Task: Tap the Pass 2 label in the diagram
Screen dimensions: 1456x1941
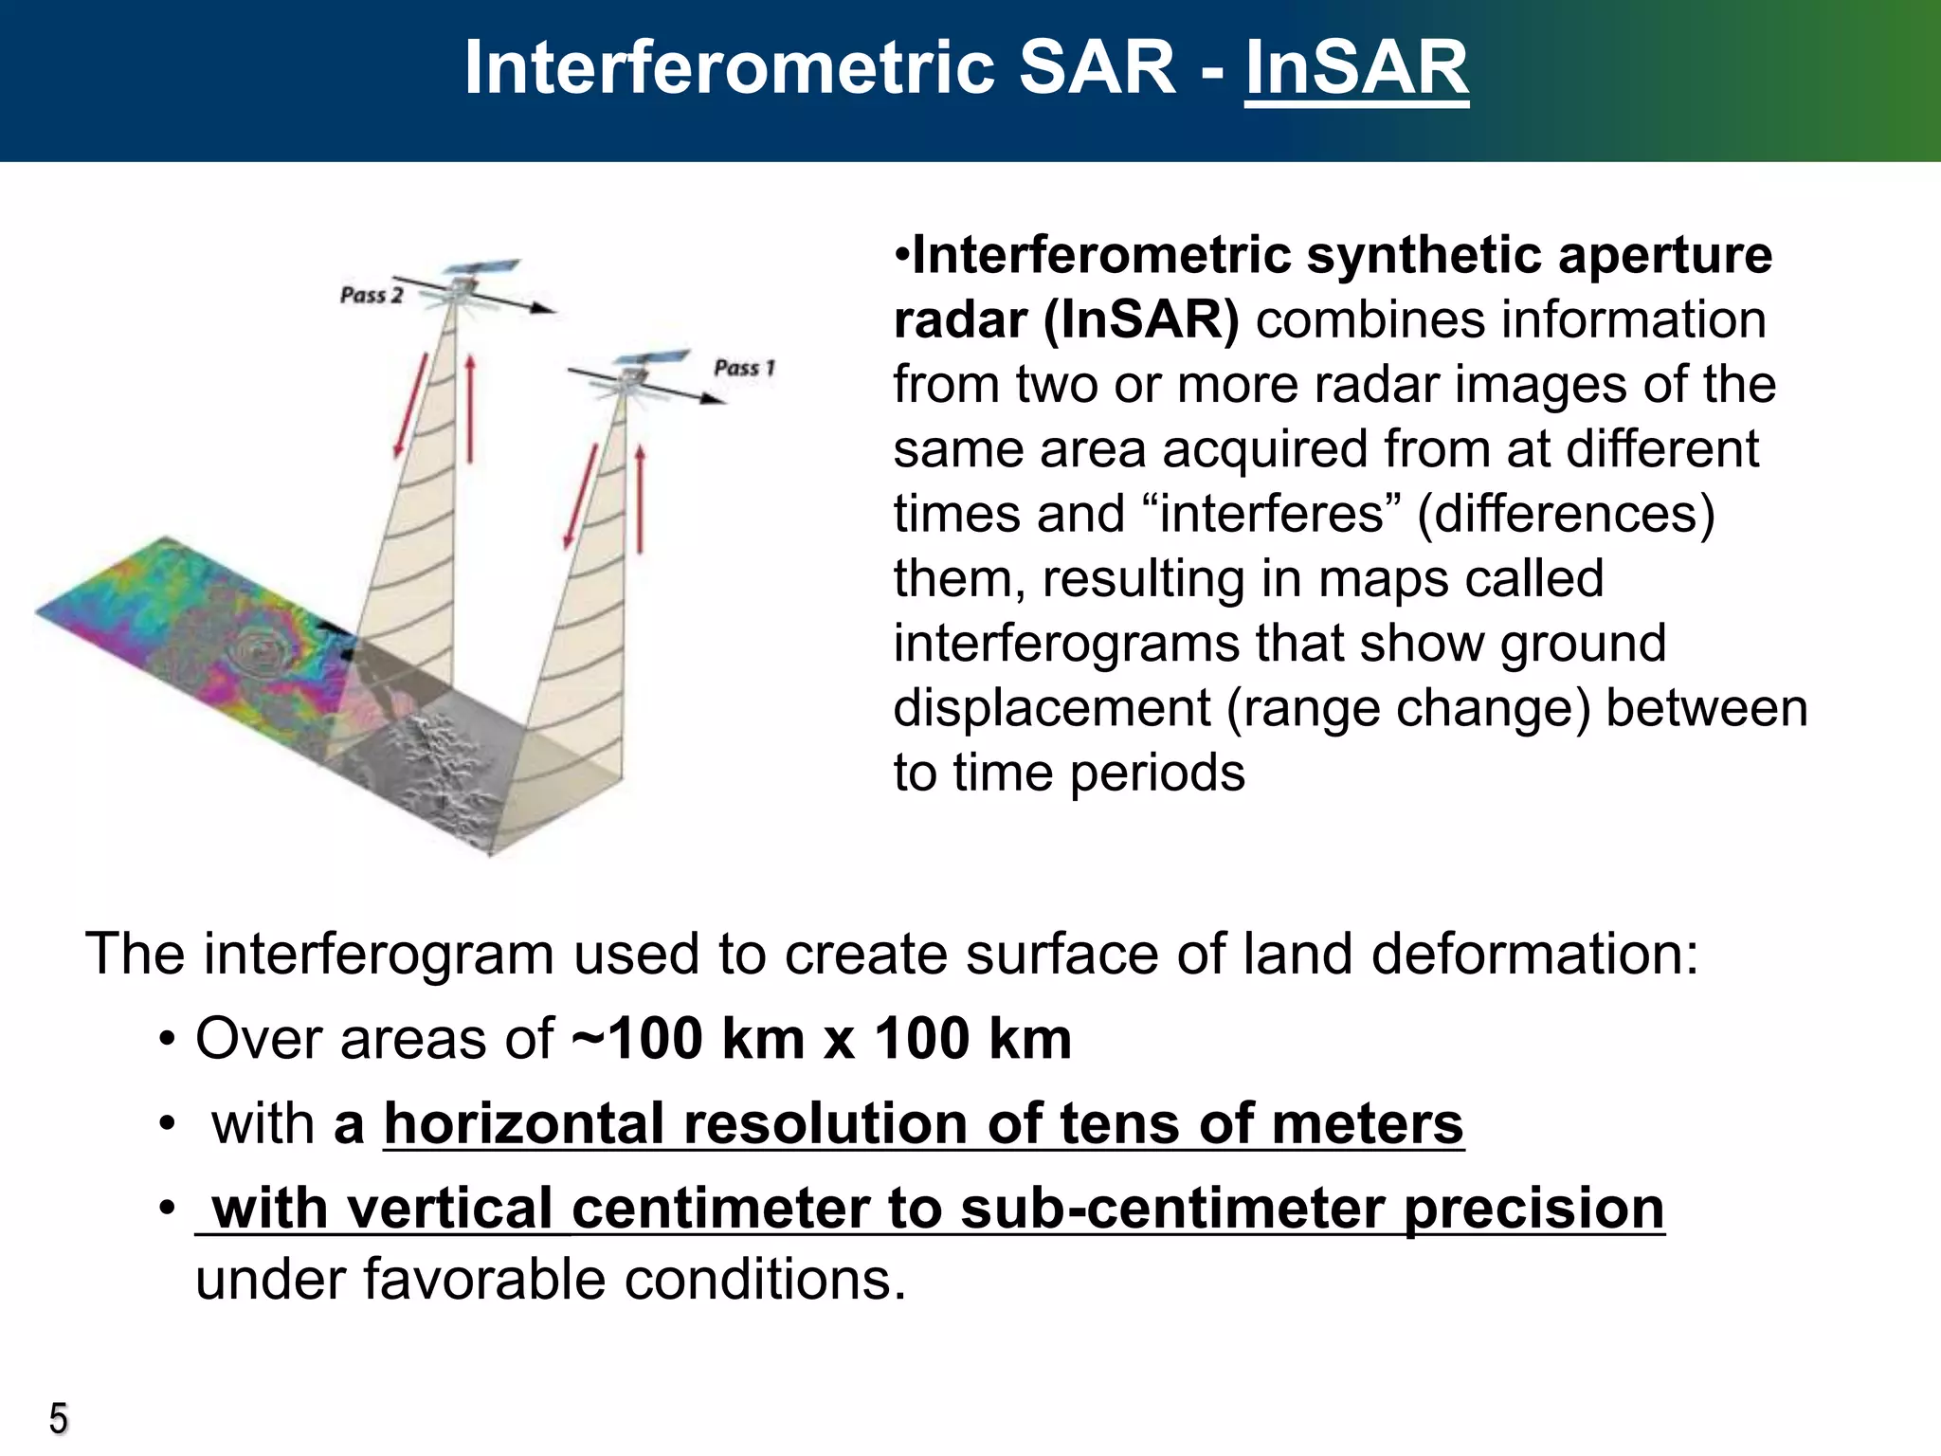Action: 372,295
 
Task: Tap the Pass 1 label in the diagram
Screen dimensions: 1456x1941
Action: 744,368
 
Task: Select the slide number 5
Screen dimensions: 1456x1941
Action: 58,1419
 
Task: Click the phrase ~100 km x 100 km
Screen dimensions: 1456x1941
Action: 822,1039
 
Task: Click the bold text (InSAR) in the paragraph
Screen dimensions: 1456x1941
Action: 1140,320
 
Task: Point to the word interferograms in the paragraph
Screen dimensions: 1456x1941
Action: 1066,644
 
